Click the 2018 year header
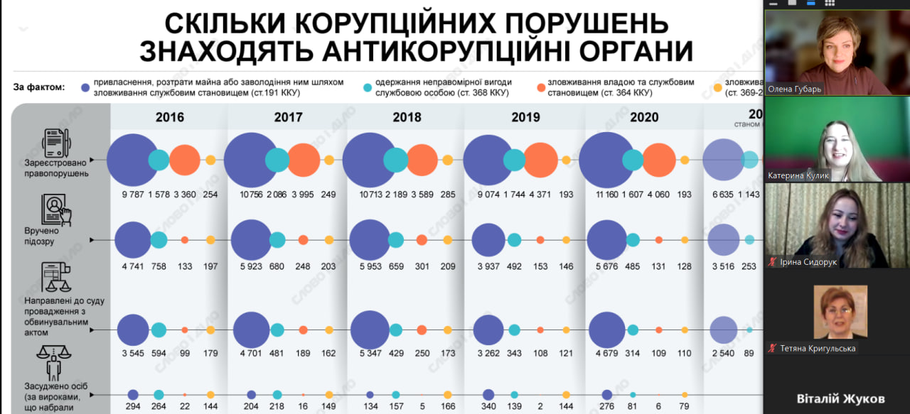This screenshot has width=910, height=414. click(407, 117)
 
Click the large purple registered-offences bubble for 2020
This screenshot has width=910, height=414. click(606, 160)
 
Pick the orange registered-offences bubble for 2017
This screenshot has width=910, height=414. click(304, 160)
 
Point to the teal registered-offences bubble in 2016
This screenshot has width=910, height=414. click(159, 160)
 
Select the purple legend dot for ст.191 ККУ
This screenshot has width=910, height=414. click(85, 87)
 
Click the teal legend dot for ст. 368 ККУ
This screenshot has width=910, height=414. click(367, 87)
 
